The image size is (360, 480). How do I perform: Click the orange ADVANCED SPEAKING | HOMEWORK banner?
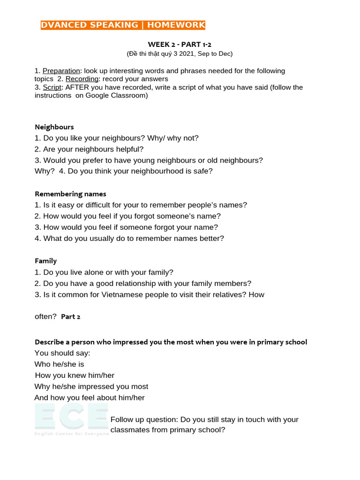click(123, 25)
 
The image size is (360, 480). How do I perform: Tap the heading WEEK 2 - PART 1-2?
click(180, 45)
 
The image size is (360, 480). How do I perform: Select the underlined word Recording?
click(82, 79)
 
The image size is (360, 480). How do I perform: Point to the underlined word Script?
click(52, 87)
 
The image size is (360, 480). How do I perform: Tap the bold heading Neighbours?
click(54, 127)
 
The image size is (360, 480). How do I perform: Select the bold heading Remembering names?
click(70, 194)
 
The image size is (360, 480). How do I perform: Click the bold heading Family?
click(46, 261)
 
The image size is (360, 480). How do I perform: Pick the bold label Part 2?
click(71, 317)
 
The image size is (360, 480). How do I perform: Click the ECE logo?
click(71, 420)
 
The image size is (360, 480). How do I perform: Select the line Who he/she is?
click(60, 364)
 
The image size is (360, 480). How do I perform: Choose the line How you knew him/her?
click(75, 375)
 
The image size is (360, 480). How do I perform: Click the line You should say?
click(62, 353)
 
